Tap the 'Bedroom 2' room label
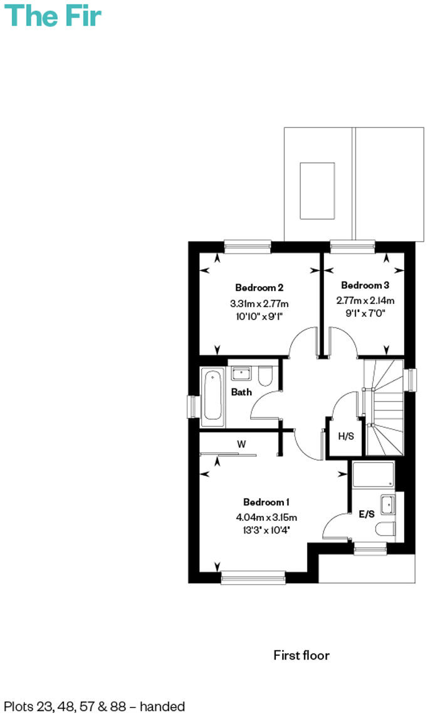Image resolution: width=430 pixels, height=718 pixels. click(x=260, y=288)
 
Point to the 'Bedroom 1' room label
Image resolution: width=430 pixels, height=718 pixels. click(x=266, y=502)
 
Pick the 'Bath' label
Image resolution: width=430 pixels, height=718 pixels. click(x=241, y=392)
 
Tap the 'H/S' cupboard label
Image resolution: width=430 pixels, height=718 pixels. click(x=346, y=436)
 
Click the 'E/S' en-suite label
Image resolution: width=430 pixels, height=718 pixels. click(x=367, y=514)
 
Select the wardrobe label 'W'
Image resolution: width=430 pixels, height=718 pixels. click(x=241, y=444)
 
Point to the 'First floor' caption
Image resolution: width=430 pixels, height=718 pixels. click(x=301, y=655)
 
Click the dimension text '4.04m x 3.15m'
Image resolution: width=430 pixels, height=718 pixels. click(x=266, y=518)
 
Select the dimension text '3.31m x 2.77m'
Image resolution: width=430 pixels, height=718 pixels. click(x=260, y=304)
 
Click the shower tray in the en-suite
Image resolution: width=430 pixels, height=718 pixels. click(x=373, y=475)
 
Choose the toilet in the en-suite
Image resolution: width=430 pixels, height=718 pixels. click(x=386, y=529)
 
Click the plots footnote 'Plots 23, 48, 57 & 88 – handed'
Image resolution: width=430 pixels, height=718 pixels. click(x=95, y=706)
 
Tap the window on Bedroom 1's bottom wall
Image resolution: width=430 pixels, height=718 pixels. click(x=253, y=577)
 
